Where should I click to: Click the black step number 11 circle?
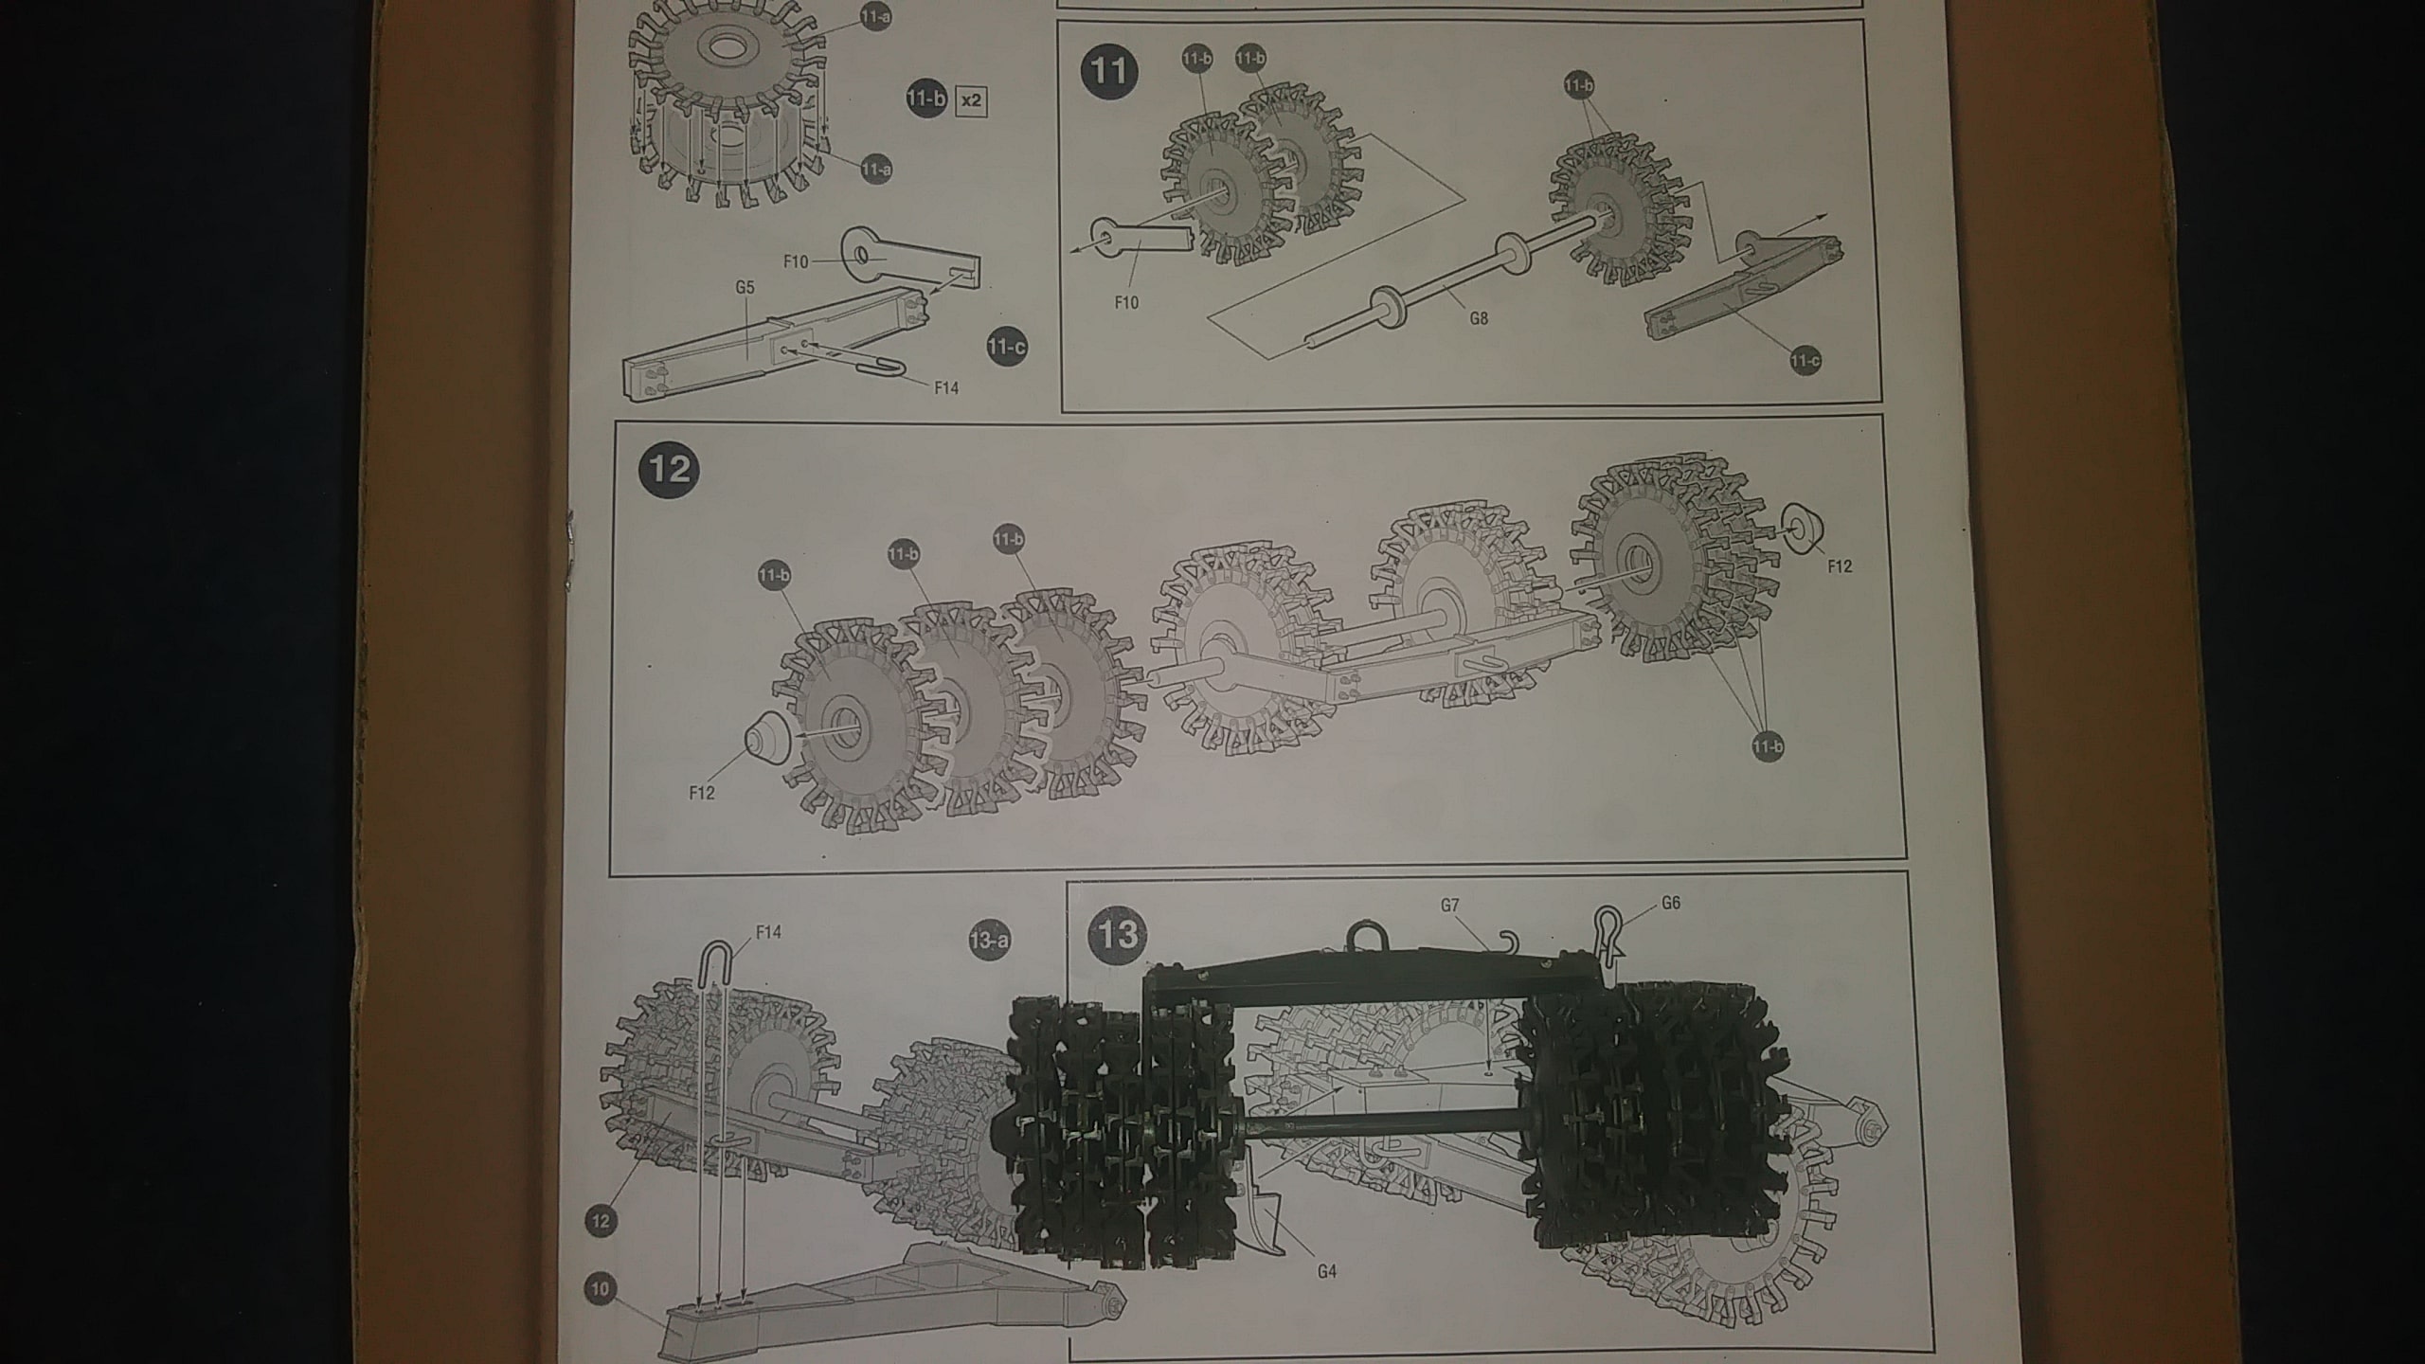1109,71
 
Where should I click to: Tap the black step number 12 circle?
670,469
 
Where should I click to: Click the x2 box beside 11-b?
971,100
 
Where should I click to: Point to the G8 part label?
1478,318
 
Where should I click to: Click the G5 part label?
745,287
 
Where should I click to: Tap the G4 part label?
1326,1271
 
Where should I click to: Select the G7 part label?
1449,906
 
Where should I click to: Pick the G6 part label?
1670,904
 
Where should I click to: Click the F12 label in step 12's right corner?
1838,565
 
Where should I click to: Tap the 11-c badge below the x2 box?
1005,347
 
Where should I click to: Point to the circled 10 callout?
601,1288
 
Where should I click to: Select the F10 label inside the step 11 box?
1125,302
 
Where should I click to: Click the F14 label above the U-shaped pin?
769,932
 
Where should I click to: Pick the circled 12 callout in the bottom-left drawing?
601,1221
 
